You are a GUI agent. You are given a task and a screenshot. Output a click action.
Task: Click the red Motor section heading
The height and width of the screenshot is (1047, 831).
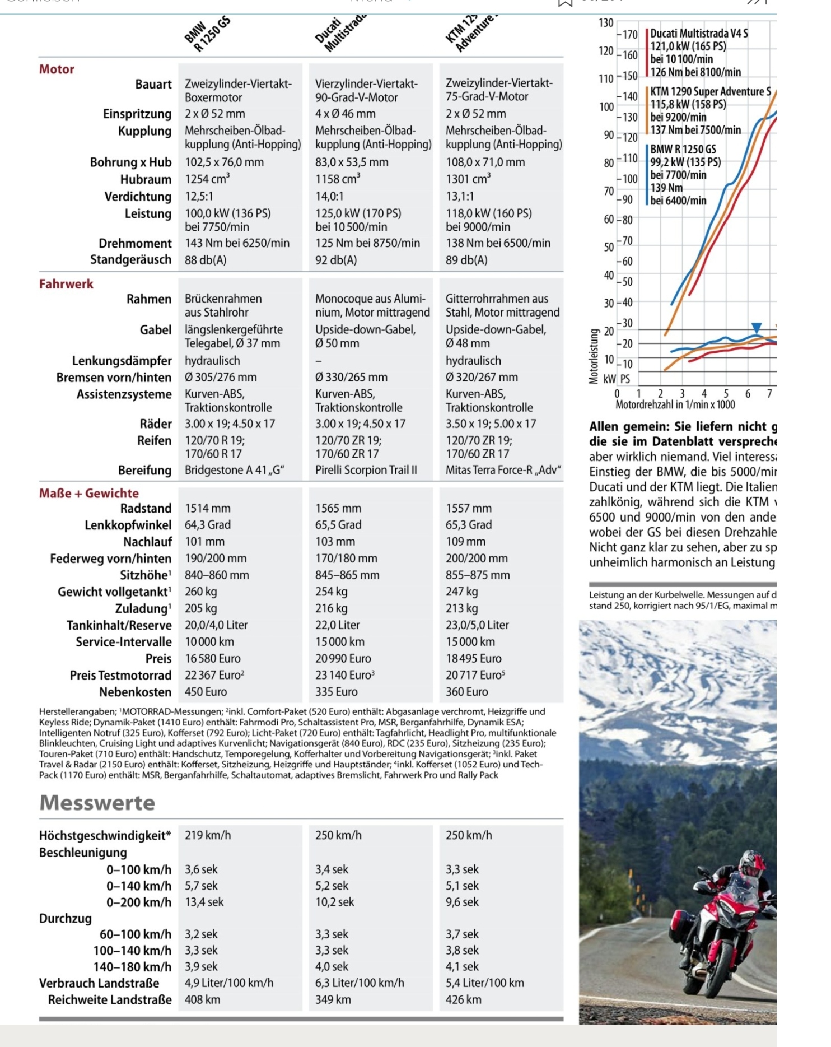[57, 69]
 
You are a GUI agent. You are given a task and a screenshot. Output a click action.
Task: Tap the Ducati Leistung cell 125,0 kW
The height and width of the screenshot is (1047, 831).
[358, 213]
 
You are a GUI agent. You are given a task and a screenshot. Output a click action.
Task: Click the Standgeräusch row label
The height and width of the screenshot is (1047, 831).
[130, 260]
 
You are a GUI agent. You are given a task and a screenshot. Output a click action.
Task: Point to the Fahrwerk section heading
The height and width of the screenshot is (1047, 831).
[66, 284]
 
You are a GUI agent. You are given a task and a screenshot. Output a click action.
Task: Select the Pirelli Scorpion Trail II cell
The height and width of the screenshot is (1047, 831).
[366, 470]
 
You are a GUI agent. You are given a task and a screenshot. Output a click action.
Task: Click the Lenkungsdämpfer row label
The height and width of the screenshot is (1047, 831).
[122, 361]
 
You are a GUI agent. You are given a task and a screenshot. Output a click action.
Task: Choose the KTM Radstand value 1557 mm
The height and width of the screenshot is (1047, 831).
[468, 508]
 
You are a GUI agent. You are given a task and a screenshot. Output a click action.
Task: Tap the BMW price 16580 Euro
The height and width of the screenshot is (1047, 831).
[212, 658]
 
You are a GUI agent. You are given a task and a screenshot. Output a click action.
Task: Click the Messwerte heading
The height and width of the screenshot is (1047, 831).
[97, 803]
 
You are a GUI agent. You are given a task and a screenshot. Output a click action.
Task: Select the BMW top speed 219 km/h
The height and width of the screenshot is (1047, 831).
[208, 835]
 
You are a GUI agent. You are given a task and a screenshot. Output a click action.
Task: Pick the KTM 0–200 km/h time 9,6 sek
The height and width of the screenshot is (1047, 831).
[462, 902]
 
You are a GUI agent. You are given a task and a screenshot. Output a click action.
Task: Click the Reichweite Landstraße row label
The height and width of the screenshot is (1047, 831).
[110, 999]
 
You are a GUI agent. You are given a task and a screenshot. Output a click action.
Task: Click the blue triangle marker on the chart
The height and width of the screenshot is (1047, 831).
[757, 328]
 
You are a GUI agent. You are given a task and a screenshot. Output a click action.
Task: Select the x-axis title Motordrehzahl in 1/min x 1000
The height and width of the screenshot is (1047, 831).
[675, 404]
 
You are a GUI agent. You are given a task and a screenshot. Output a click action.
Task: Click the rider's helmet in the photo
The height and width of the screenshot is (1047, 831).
[751, 863]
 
